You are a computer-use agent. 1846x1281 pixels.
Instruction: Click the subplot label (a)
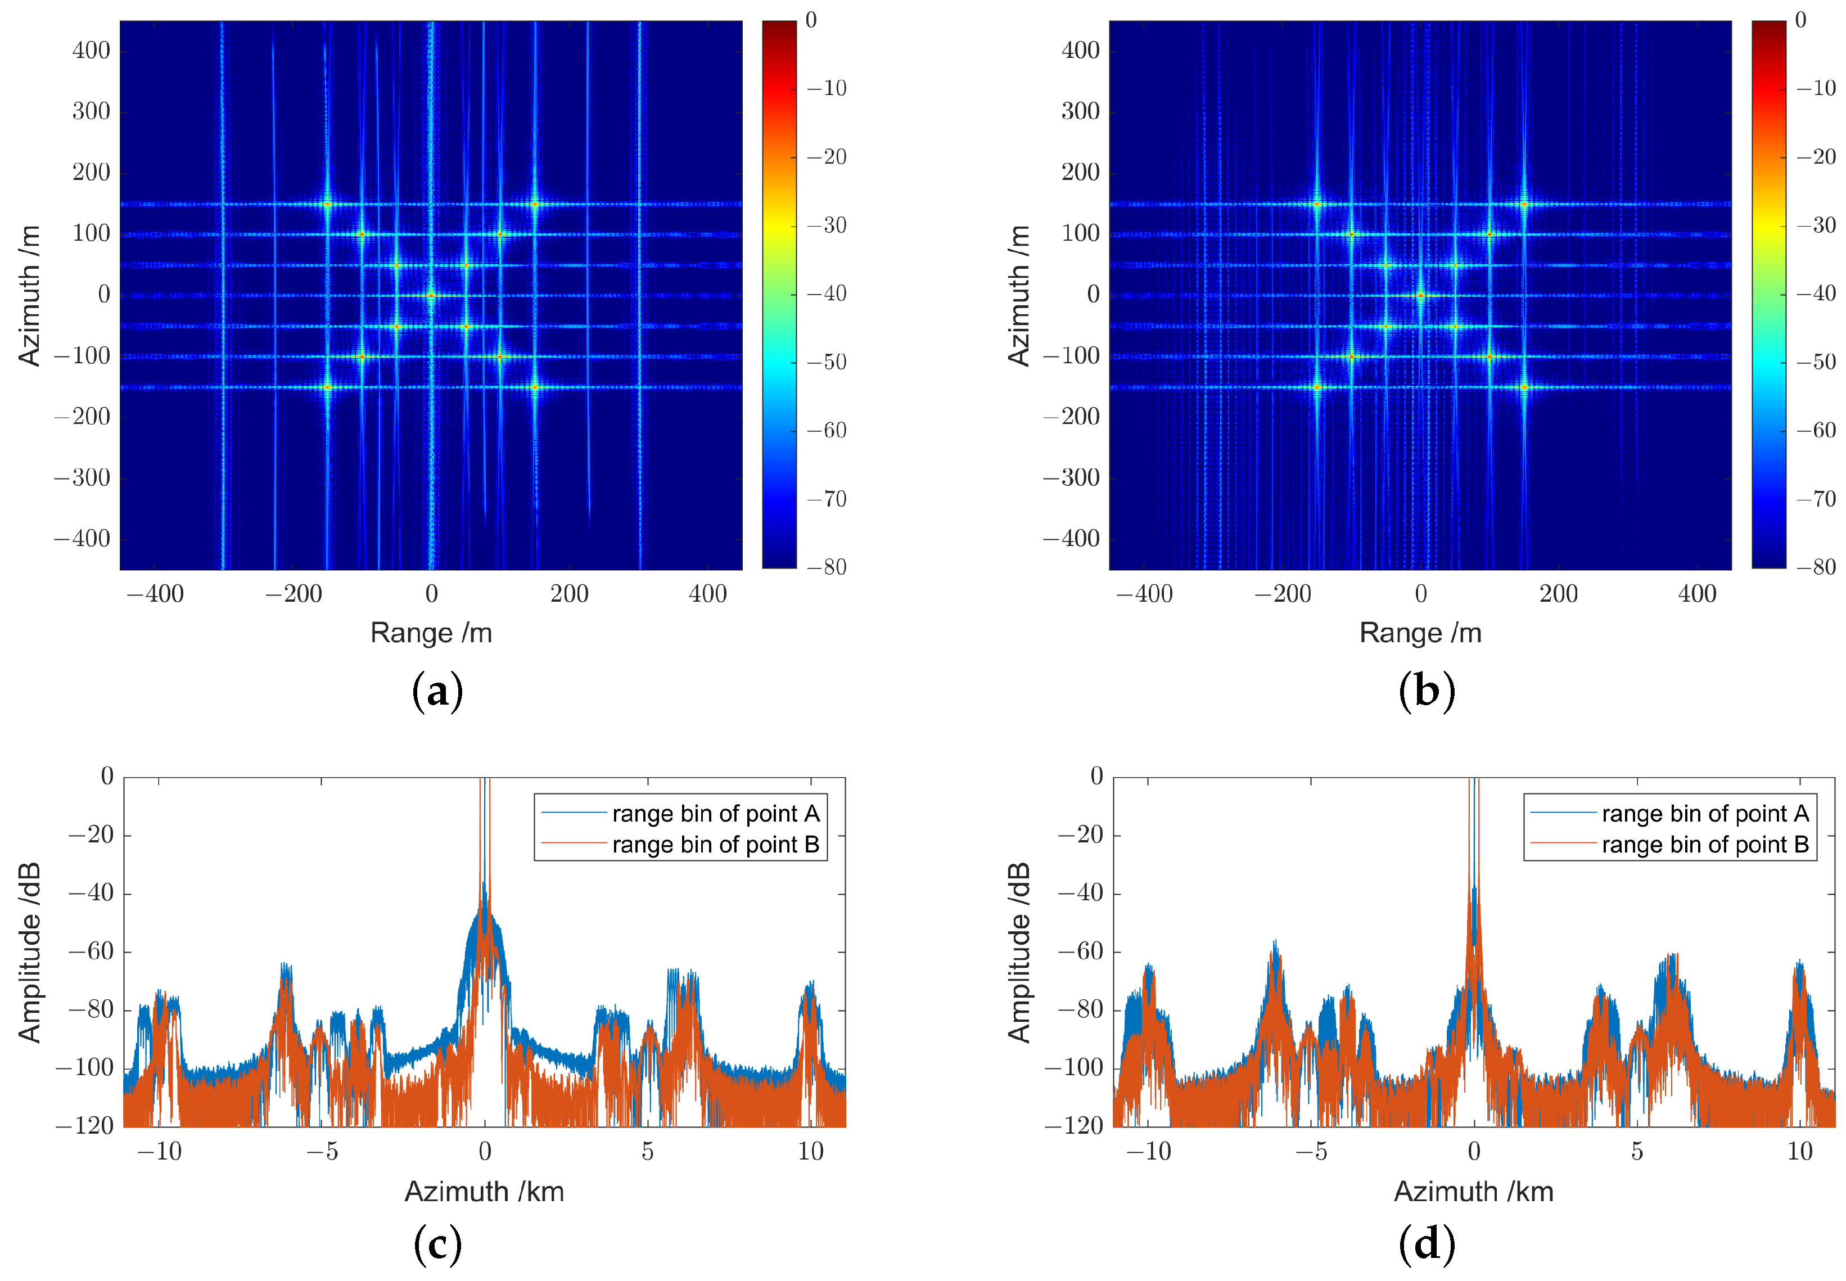(x=437, y=692)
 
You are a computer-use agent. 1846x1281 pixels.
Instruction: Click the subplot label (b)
(x=1425, y=692)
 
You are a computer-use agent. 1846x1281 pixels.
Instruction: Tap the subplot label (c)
(x=437, y=1245)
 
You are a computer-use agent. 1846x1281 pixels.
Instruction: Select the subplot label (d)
(x=1425, y=1245)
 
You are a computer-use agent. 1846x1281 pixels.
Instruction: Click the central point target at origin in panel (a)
(x=431, y=295)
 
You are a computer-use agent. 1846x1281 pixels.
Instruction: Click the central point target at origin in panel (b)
(x=1420, y=295)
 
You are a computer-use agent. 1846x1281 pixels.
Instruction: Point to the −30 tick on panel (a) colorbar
(x=827, y=225)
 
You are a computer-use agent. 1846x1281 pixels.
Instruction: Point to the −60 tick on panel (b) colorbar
(x=1816, y=430)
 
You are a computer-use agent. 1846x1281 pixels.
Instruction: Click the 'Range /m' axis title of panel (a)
(x=431, y=633)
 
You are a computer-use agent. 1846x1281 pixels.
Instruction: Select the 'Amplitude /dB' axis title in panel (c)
(x=30, y=953)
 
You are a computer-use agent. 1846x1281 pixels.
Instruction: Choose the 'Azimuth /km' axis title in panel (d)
(x=1474, y=1191)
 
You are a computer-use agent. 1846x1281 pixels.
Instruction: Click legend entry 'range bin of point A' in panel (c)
(x=715, y=814)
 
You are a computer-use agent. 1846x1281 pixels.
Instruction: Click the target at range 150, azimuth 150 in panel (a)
(x=535, y=204)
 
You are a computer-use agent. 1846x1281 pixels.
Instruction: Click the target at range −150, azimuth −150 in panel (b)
(x=1316, y=387)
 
